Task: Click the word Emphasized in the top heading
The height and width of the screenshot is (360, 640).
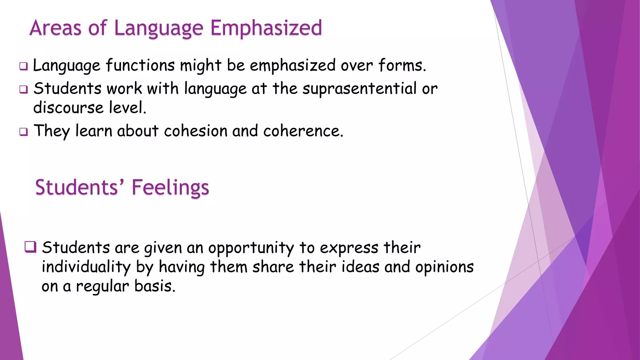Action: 266,28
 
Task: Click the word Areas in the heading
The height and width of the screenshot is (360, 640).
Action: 56,28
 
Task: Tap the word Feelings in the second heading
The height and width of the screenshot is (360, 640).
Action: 170,187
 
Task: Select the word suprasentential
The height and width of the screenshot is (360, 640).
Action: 359,89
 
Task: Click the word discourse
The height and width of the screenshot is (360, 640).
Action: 68,108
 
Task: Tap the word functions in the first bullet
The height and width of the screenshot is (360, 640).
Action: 140,66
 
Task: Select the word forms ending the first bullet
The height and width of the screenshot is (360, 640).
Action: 402,66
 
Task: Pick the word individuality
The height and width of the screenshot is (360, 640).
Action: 86,267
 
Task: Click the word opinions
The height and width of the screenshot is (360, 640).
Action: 444,267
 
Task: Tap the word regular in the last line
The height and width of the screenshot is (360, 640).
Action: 102,286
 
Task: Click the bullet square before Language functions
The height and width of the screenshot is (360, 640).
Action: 23,66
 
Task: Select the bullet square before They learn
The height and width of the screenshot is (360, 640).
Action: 23,132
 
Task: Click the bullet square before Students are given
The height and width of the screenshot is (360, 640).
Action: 30,247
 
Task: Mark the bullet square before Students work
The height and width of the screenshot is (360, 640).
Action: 23,89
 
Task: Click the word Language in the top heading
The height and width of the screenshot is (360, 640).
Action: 158,28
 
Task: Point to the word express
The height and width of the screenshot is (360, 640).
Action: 349,248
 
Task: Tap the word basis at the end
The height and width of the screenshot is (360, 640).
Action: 155,286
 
